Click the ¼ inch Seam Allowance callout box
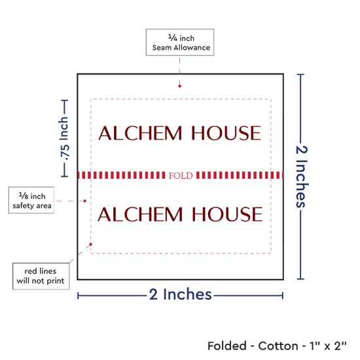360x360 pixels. (180, 43)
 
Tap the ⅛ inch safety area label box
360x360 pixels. (31, 200)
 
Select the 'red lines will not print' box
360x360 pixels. (41, 276)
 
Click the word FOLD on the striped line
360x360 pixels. (181, 175)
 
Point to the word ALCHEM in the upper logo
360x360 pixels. (140, 133)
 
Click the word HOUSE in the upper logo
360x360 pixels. (226, 133)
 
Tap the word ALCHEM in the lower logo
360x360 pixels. (140, 214)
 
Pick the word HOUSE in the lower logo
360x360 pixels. (227, 214)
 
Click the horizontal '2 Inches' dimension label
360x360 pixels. (180, 294)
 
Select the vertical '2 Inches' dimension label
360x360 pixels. (302, 177)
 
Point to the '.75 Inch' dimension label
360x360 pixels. (64, 139)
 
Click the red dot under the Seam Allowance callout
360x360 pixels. (179, 86)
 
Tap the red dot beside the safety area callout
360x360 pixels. (84, 201)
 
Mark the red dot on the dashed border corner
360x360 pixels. (91, 244)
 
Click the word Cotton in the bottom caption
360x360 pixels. (278, 346)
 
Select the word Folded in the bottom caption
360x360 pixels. (227, 346)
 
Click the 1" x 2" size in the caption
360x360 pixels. (328, 346)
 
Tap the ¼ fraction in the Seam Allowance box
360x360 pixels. (173, 37)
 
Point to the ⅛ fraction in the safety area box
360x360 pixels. (24, 196)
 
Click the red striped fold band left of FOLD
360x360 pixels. (122, 175)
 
